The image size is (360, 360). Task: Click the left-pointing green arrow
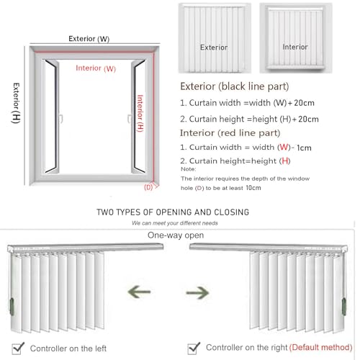pos(139,292)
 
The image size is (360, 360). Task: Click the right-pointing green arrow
pos(197,292)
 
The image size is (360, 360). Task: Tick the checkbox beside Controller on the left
pos(18,348)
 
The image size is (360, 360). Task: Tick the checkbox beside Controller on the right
pos(194,348)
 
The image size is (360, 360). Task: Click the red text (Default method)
pos(321,347)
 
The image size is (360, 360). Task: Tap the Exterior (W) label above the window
pos(89,39)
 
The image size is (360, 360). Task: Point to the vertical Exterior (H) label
pos(16,103)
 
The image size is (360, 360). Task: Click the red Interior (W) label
pos(96,68)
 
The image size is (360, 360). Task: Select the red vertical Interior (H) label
pos(140,113)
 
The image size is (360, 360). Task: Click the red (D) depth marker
pos(148,187)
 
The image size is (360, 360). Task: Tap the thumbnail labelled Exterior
pos(215,38)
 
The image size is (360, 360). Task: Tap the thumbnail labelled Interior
pos(296,38)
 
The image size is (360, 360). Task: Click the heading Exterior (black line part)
pos(235,86)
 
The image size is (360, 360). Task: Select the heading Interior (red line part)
pos(230,133)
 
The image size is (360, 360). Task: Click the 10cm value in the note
pos(253,188)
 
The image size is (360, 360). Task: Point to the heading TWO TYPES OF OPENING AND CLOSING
pos(173,212)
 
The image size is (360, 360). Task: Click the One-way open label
pos(176,235)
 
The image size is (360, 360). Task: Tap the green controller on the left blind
pos(12,307)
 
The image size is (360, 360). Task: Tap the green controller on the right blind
pos(344,307)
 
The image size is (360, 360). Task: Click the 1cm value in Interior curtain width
pos(304,148)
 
